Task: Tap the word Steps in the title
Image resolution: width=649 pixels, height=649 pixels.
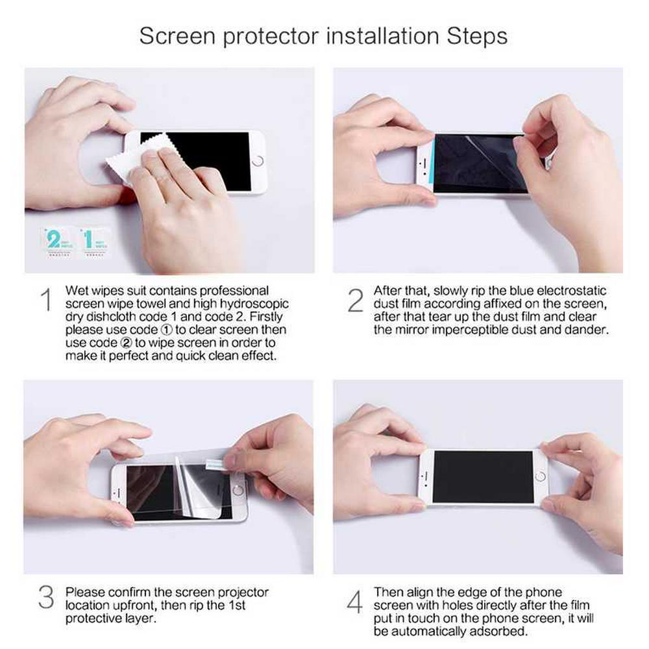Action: coord(477,36)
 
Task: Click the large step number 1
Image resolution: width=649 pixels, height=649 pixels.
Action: coord(47,300)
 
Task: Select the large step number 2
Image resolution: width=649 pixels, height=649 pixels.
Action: coord(356,300)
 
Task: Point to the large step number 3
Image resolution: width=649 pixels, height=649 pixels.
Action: coord(46,597)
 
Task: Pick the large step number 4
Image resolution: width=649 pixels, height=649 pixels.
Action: coord(355,602)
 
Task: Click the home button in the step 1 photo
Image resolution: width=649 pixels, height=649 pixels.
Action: coord(258,160)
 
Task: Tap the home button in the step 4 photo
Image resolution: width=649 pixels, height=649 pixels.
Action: coord(541,476)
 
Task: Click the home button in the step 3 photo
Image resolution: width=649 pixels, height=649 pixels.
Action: coord(238,490)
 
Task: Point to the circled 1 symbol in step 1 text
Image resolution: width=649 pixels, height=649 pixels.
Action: coord(166,330)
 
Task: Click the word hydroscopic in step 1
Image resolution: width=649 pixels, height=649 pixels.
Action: coord(254,304)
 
